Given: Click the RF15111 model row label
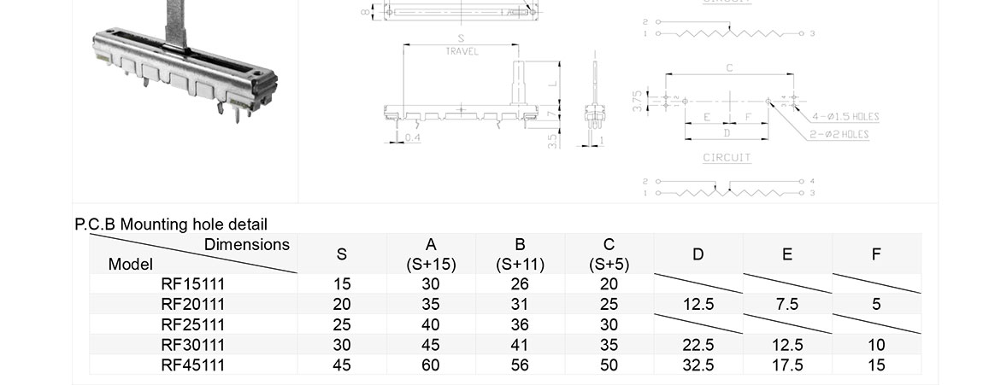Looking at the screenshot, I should coord(192,283).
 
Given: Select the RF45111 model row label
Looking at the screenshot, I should coord(192,365).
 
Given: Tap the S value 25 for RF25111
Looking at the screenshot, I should coord(342,324).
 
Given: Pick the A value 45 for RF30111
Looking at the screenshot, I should coord(431,345).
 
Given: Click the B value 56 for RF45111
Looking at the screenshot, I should coord(520,365).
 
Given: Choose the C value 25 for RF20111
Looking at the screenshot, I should coord(609,304).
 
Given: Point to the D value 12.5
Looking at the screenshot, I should coord(698,304).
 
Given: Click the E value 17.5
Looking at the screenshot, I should coord(787,365).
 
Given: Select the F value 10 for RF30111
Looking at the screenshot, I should coord(876,345).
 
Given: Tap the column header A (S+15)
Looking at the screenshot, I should coord(431,254).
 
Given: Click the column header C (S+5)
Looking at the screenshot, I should coord(609,254).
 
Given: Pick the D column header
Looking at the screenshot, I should coord(698,254).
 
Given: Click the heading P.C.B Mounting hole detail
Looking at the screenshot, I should coord(171,225).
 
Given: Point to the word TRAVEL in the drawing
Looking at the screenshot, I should coord(462,52).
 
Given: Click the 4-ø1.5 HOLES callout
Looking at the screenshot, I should coord(845,117).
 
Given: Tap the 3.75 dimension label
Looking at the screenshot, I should coord(638,102).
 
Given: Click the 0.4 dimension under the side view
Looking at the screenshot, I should coord(412,137).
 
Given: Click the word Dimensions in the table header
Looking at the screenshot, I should coord(247,245).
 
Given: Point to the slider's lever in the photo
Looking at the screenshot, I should coord(177,21).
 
